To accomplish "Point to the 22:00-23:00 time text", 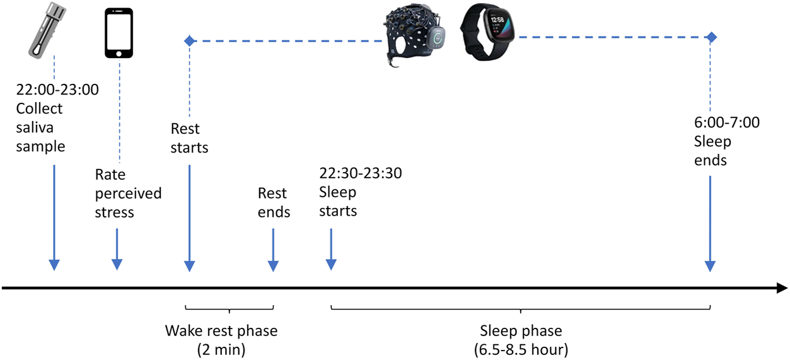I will pyautogui.click(x=57, y=90).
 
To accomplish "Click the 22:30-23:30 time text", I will pyautogui.click(x=361, y=173).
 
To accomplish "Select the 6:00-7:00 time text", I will pyautogui.click(x=726, y=122).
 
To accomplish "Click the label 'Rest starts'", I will pyautogui.click(x=189, y=138).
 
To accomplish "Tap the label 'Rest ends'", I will pyautogui.click(x=274, y=202).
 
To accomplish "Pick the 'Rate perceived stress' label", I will pyautogui.click(x=128, y=192).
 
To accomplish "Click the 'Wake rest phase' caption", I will pyautogui.click(x=221, y=330).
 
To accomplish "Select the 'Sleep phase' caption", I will pyautogui.click(x=520, y=330).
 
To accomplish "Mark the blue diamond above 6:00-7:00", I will pyautogui.click(x=711, y=37).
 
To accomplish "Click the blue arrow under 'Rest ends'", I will pyautogui.click(x=273, y=249).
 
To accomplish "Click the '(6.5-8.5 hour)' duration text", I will pyautogui.click(x=520, y=347).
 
